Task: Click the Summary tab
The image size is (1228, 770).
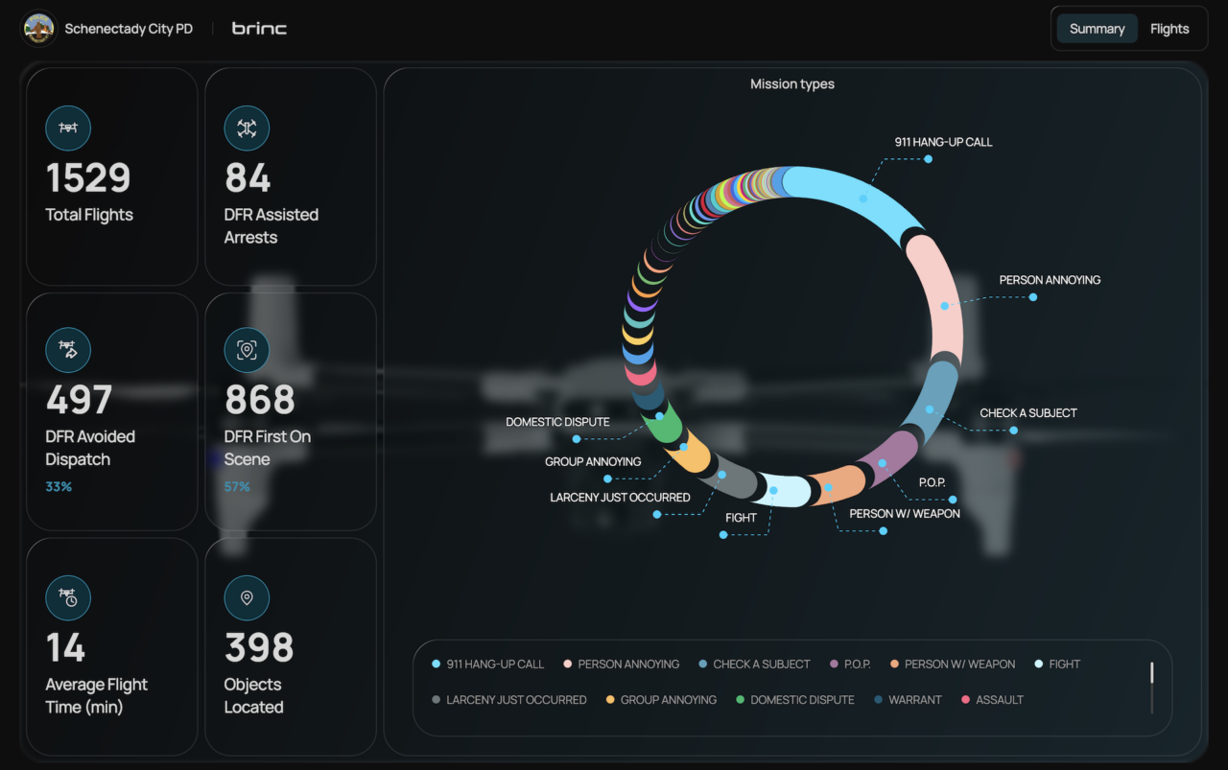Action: pyautogui.click(x=1097, y=29)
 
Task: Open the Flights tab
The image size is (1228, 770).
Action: pyautogui.click(x=1169, y=29)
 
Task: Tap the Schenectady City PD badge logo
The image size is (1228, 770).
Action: pyautogui.click(x=38, y=28)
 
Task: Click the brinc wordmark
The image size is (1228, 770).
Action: pyautogui.click(x=259, y=29)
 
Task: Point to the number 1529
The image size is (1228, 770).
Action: pyautogui.click(x=88, y=177)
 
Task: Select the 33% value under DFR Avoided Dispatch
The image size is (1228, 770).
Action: pyautogui.click(x=59, y=487)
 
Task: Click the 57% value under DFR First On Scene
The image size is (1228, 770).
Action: pyautogui.click(x=237, y=487)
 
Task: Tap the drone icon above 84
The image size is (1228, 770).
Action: pyautogui.click(x=247, y=128)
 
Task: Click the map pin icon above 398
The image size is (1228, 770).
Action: pyautogui.click(x=247, y=598)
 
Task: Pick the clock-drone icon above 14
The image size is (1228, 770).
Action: pyautogui.click(x=68, y=598)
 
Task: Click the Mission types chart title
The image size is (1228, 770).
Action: pyautogui.click(x=792, y=83)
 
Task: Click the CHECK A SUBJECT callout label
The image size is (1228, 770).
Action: pyautogui.click(x=1028, y=412)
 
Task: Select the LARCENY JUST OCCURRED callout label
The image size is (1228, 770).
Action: pyautogui.click(x=620, y=497)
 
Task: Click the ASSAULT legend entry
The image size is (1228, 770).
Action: pyautogui.click(x=992, y=700)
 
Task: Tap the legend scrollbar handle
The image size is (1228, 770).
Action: pyautogui.click(x=1152, y=673)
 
